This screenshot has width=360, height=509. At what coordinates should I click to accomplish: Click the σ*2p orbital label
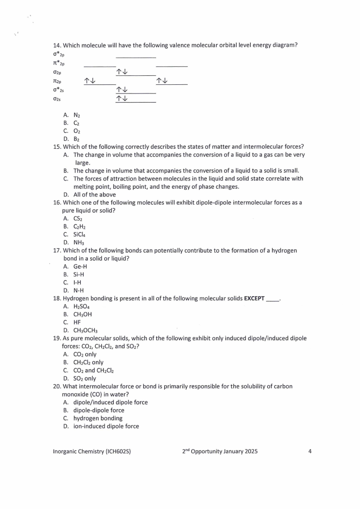pos(58,55)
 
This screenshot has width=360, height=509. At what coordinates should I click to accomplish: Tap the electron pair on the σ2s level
pos(122,98)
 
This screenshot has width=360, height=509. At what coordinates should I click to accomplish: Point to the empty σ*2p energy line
pos(136,57)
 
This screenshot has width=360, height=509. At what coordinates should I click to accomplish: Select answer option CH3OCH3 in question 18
pos(85,330)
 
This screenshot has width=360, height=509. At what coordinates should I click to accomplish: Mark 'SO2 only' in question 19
pos(84,378)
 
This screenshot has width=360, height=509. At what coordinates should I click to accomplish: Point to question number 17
pos(57,250)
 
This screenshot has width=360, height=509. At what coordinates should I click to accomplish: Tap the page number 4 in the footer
pos(310,451)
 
